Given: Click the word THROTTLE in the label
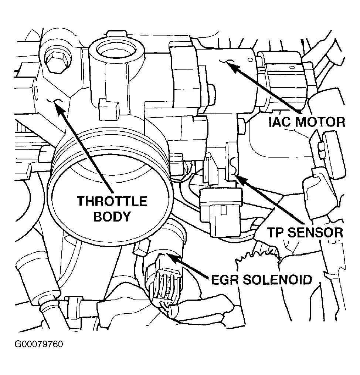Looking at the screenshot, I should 112,202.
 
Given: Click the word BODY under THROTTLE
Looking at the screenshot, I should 112,216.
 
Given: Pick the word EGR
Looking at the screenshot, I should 225,280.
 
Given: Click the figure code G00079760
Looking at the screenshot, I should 39,345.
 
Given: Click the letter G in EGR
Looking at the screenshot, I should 225,280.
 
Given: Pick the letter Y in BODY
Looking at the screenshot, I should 125,216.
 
